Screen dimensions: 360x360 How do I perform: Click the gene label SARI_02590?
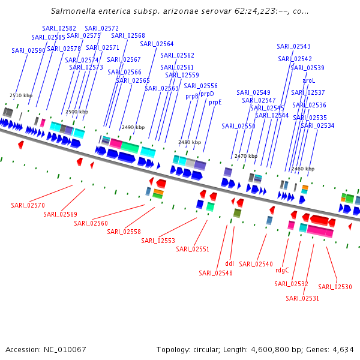pos(28,50)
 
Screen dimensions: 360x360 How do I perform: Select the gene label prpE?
pos(215,102)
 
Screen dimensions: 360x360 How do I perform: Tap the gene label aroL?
pos(308,80)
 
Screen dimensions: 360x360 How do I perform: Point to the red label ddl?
pos(229,263)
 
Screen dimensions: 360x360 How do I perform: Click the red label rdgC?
pos(282,270)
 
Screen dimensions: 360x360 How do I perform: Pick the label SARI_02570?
pos(28,205)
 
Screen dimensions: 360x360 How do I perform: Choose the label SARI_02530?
pos(335,286)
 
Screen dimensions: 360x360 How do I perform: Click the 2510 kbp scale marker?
pos(20,95)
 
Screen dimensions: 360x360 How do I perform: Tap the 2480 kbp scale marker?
pos(189,142)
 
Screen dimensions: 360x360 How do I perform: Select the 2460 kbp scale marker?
pos(302,169)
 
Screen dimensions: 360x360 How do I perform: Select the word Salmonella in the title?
pos(73,11)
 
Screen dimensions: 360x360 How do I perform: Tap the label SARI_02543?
pos(293,46)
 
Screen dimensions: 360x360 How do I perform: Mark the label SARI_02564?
pos(157,44)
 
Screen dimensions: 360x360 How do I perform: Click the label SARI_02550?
pos(238,126)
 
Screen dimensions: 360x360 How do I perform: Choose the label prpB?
pos(191,96)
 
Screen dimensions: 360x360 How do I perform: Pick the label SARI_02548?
pos(215,273)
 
